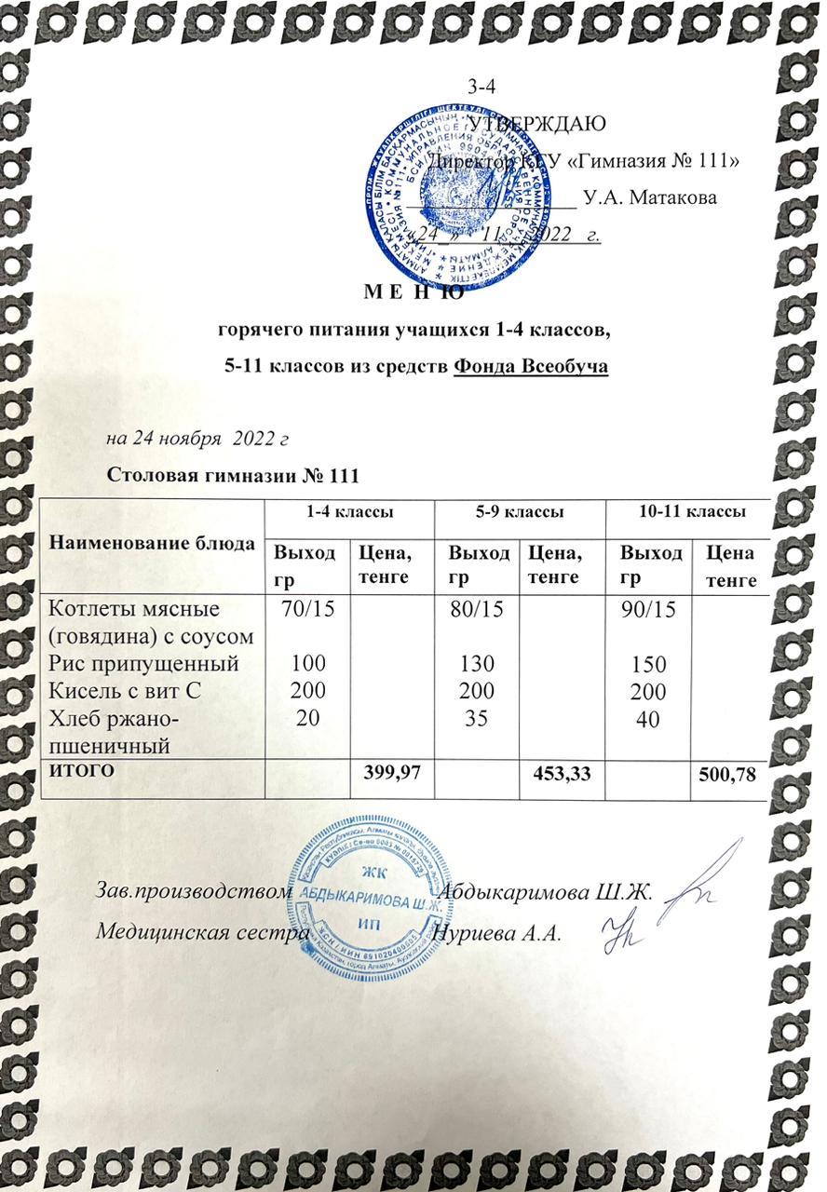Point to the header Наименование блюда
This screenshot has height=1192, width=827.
click(x=152, y=543)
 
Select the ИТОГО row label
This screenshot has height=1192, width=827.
click(x=81, y=770)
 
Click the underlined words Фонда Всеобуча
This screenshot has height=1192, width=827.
click(x=531, y=366)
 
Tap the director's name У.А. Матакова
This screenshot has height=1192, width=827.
click(x=649, y=197)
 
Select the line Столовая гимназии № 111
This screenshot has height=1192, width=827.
click(x=234, y=475)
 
